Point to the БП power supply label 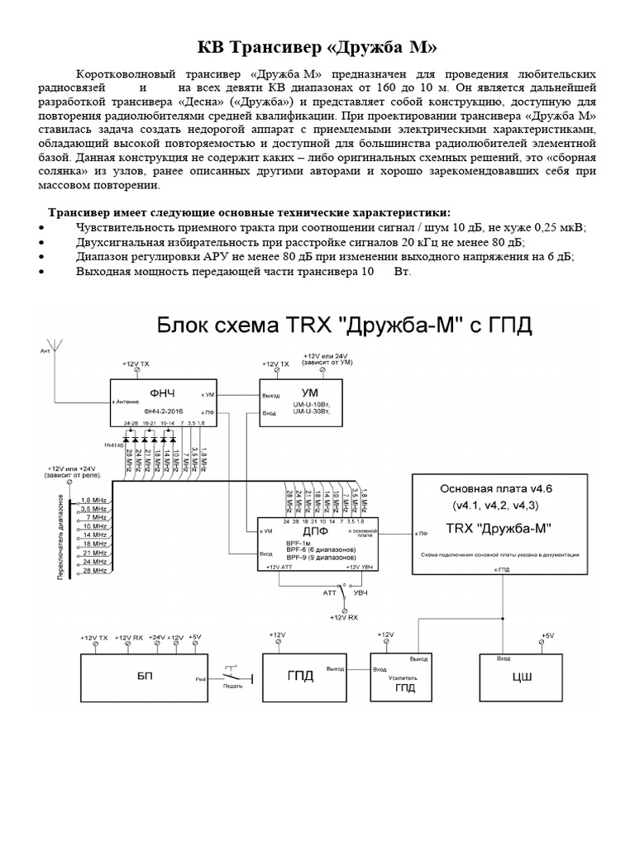[144, 675]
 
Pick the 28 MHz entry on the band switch [94, 571]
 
